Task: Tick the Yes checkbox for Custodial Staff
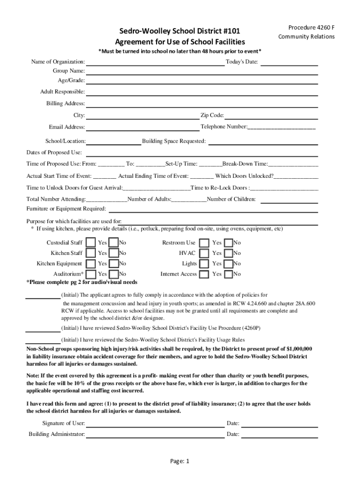click(92, 243)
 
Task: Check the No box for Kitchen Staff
click(114, 253)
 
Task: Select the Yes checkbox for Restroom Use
click(204, 243)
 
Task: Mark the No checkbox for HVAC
click(229, 253)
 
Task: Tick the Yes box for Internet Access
click(204, 274)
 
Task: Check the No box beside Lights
click(229, 264)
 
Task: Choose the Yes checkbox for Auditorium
click(92, 274)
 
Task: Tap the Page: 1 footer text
click(180, 461)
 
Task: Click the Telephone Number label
click(223, 127)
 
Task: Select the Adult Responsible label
click(62, 92)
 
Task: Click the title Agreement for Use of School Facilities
click(180, 42)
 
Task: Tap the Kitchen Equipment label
click(59, 264)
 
